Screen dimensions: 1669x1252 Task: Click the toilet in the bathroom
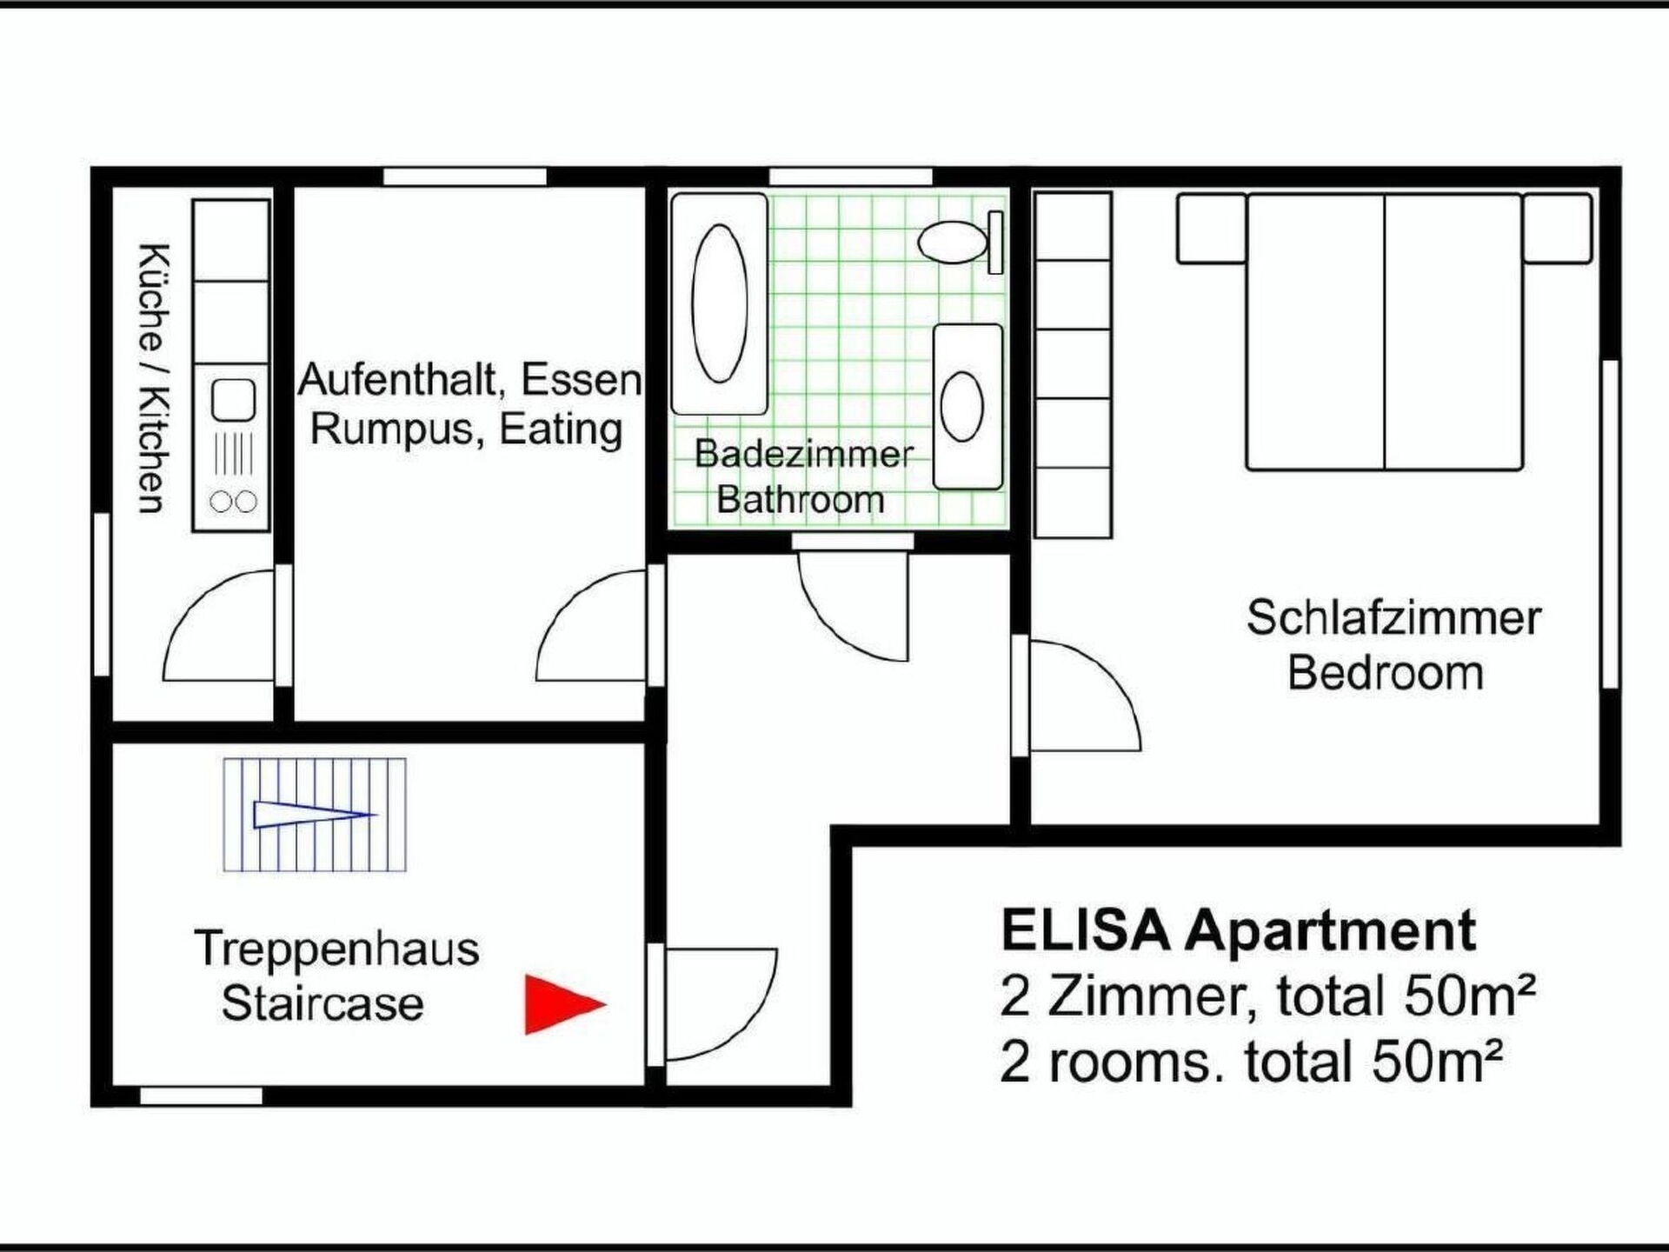click(961, 241)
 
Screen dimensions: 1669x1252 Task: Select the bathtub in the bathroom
click(719, 303)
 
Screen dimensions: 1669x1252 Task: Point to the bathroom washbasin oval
click(962, 406)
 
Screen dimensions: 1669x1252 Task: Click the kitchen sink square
click(233, 400)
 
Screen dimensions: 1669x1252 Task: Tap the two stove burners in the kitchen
click(233, 502)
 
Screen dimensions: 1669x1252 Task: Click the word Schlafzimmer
click(1393, 618)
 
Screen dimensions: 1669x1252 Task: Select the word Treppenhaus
click(336, 948)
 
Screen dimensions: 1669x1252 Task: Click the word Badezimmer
click(804, 454)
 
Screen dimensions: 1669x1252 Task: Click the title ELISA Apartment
click(1239, 930)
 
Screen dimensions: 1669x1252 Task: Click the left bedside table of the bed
click(1212, 229)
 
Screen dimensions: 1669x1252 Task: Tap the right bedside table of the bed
click(1557, 229)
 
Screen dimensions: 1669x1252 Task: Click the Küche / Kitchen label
click(152, 379)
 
